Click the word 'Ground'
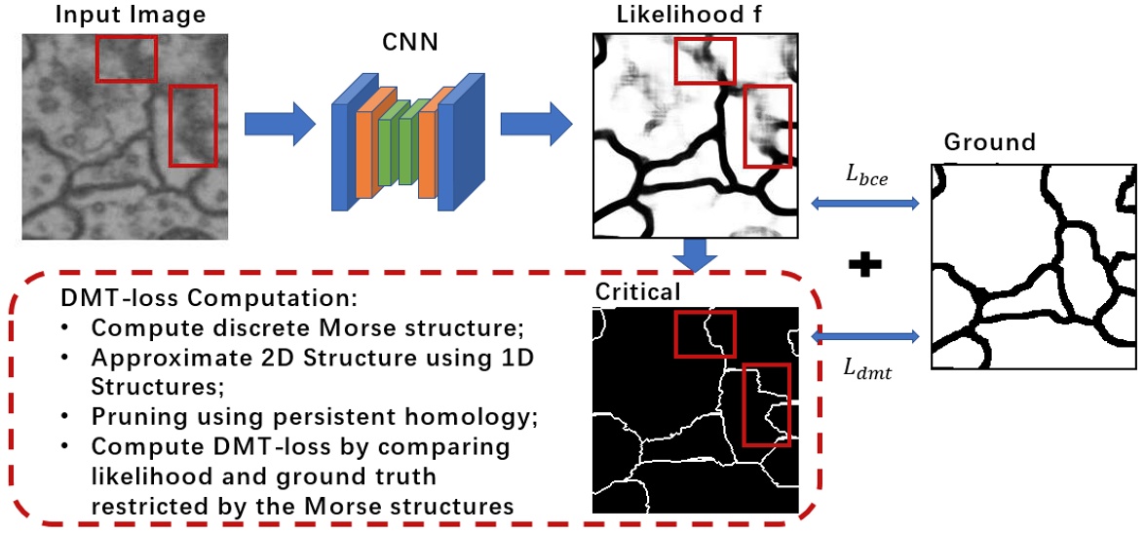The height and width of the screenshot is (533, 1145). click(x=989, y=142)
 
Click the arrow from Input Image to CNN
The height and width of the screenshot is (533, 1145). click(x=280, y=124)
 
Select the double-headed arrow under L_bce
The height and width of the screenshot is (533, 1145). click(x=863, y=203)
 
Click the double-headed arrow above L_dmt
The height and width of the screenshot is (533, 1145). click(x=863, y=336)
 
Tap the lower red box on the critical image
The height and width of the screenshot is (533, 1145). click(x=766, y=403)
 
